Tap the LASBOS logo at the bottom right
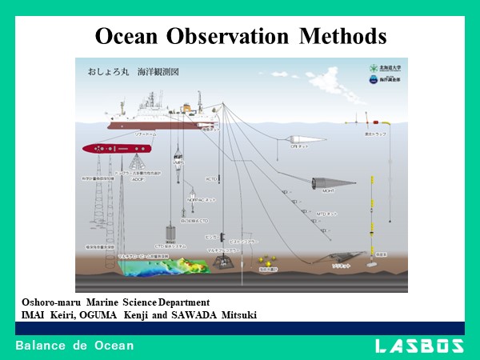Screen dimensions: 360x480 418,346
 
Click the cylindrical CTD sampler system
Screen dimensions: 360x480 170,231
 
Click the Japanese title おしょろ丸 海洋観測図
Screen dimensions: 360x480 133,71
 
